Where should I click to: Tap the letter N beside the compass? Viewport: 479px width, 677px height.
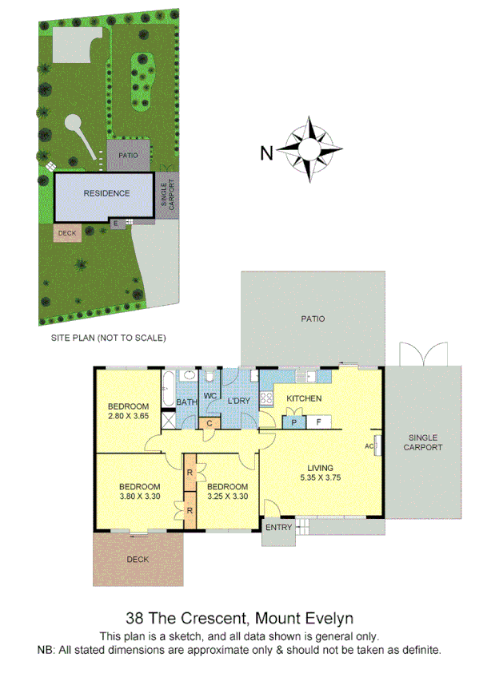coord(268,152)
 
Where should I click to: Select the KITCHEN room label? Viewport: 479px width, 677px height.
coord(304,398)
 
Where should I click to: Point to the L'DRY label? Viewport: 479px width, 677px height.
coord(239,398)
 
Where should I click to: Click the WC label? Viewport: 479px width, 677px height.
coord(210,395)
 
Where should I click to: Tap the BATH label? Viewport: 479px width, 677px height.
coord(186,402)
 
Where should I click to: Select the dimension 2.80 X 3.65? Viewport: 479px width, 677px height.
coord(129,415)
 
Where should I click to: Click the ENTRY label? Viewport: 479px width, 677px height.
coord(278,527)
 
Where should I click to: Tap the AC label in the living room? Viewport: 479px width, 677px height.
coord(369,445)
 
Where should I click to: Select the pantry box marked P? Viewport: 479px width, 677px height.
coord(293,422)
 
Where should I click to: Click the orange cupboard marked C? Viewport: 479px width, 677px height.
coord(209,422)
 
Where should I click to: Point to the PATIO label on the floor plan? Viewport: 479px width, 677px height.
coord(313,319)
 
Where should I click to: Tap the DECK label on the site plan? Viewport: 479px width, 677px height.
coord(66,233)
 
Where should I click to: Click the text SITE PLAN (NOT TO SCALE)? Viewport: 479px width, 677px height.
coord(108,338)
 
